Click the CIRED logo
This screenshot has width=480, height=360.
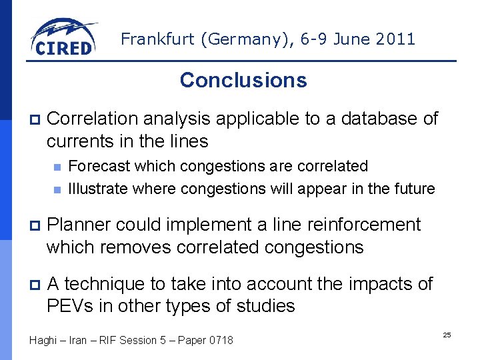pyautogui.click(x=63, y=38)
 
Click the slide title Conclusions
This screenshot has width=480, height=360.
pyautogui.click(x=243, y=80)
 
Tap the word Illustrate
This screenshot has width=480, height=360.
pyautogui.click(x=98, y=189)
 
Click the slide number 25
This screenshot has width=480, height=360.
pyautogui.click(x=447, y=334)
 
